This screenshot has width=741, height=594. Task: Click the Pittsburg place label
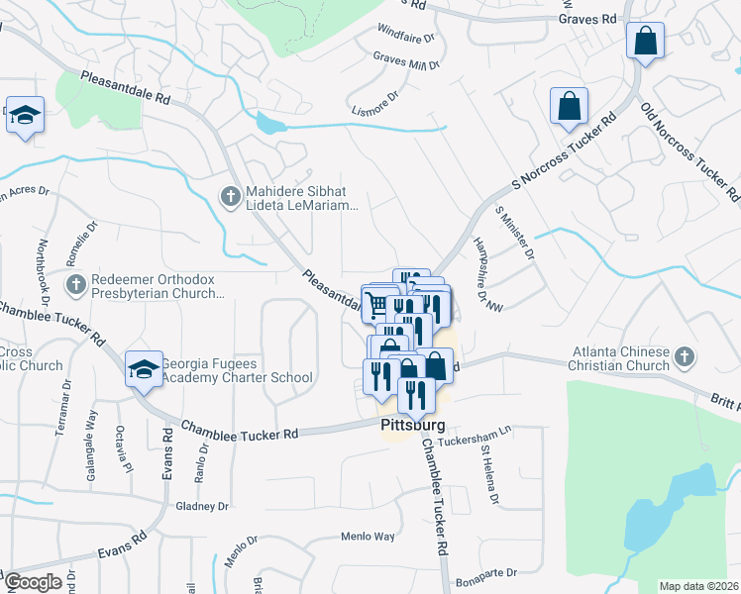point(412,424)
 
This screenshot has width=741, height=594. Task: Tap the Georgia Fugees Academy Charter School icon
point(144,369)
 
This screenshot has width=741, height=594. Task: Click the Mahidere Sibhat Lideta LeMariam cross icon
point(229,196)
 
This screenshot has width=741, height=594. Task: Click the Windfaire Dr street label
point(406,39)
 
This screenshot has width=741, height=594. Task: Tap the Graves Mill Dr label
point(406,63)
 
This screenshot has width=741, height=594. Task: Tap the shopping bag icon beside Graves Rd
point(645,42)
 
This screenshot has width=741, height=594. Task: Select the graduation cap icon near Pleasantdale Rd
point(25,116)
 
